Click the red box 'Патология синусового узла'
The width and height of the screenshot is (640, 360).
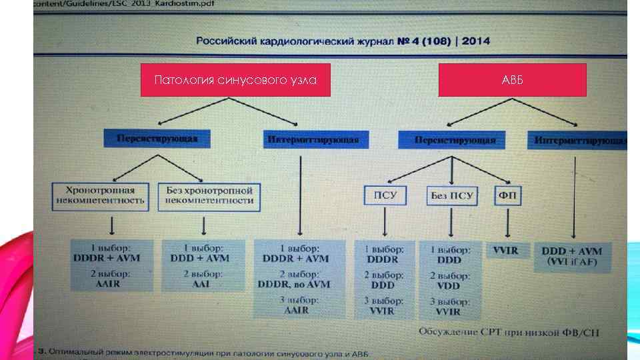[235, 80]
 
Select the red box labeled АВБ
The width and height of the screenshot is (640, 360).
[512, 80]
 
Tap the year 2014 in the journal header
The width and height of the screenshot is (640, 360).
[476, 41]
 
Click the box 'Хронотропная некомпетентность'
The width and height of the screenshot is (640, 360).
[100, 195]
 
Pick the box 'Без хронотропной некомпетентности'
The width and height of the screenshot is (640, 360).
[209, 195]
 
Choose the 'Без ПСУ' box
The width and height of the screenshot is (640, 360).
[452, 195]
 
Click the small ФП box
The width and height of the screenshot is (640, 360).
[509, 195]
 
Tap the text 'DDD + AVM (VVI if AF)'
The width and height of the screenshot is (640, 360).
[571, 257]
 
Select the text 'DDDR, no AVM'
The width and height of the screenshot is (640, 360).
[293, 285]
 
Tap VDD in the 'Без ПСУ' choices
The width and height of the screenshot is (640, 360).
[449, 285]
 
